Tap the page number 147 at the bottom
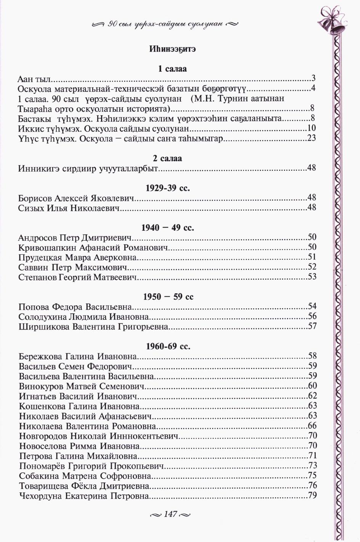pos(170,514)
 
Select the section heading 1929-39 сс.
pos(168,188)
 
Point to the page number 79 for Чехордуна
pos(312,495)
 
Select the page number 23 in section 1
pos(312,138)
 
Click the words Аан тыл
pos(34,79)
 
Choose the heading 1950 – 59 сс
pos(168,297)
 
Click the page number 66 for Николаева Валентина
pos(312,426)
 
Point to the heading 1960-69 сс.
pos(168,346)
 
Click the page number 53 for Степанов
pos(312,277)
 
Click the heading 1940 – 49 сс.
pos(168,228)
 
